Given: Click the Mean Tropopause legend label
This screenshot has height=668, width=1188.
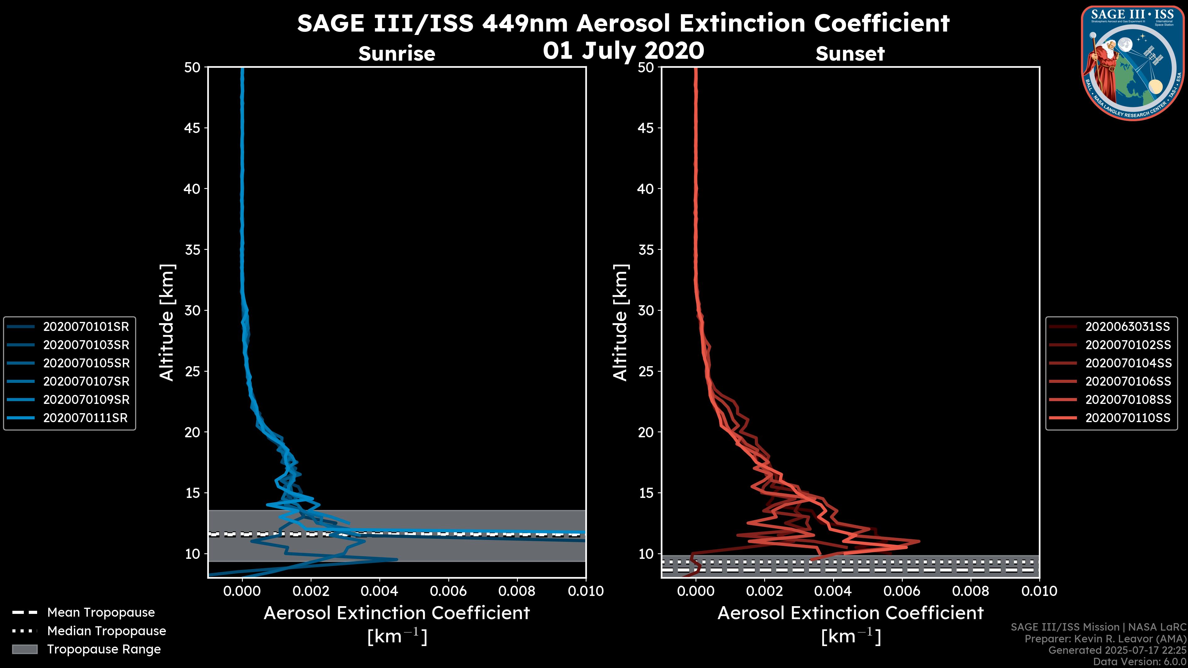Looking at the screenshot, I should point(101,613).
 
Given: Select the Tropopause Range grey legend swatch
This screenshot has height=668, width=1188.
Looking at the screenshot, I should point(24,649).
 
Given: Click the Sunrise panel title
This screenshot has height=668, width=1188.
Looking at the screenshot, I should point(397,54).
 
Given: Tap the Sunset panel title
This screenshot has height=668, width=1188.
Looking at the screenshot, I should point(850,54).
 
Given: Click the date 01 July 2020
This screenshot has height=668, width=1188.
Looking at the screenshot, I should point(623,51).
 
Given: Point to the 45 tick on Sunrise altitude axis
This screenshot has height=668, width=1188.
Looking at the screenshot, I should point(192,128).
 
